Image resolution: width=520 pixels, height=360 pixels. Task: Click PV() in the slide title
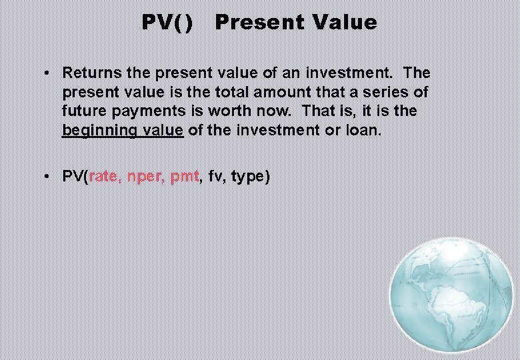tap(167, 23)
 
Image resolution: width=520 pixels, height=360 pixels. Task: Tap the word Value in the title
tap(344, 23)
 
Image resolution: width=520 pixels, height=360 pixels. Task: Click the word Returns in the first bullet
tap(89, 72)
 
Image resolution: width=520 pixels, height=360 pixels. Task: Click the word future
tap(83, 111)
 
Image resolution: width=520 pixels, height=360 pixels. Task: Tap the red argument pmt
tap(185, 177)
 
